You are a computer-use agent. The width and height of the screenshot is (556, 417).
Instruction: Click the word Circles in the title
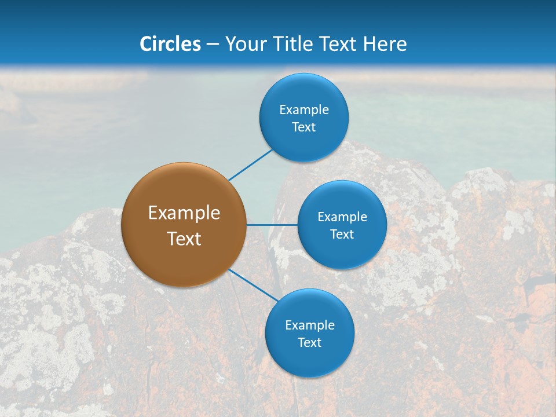[x=170, y=44]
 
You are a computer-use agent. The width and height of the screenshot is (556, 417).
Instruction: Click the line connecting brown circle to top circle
[x=251, y=164]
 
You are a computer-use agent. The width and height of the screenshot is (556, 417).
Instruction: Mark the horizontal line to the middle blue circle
[x=272, y=225]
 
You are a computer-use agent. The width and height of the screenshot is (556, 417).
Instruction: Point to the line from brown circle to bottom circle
[x=253, y=285]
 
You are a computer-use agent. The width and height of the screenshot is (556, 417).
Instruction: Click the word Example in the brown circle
[x=184, y=213]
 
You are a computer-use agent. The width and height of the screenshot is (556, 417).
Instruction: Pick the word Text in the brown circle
[x=184, y=239]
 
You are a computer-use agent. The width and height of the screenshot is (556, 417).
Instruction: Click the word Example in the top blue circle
[x=304, y=109]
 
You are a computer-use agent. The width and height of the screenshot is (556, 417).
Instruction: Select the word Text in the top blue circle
[x=303, y=127]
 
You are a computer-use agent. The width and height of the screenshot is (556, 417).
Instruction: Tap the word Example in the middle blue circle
[x=342, y=217]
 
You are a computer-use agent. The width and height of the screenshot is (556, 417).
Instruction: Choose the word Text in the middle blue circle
[x=342, y=234]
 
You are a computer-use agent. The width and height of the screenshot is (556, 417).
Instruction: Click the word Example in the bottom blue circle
[x=310, y=325]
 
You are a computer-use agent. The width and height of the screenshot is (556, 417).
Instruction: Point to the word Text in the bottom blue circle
[x=309, y=342]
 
